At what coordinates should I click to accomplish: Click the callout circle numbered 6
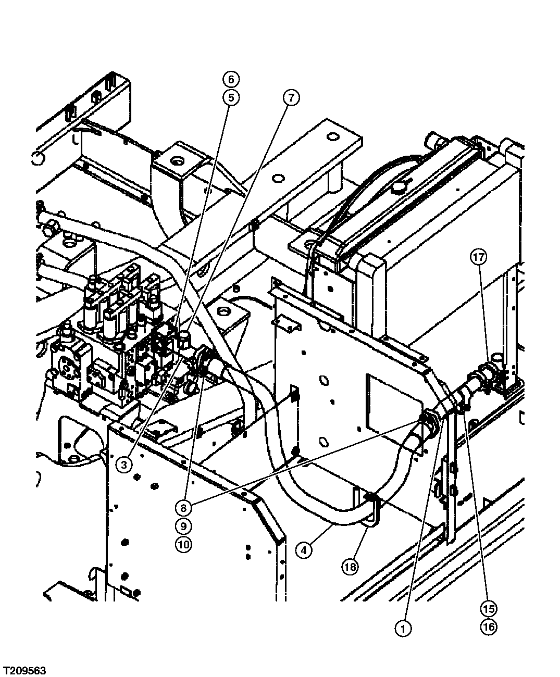(231, 79)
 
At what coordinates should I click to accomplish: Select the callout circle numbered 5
(231, 97)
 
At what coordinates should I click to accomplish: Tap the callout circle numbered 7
(292, 97)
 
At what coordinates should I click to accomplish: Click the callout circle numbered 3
(123, 465)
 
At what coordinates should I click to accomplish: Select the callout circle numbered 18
(350, 566)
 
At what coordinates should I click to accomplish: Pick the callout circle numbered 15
(489, 608)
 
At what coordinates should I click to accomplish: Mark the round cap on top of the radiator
(400, 186)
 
